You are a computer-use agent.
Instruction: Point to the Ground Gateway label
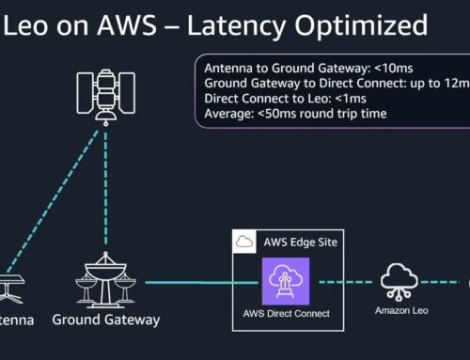(105, 320)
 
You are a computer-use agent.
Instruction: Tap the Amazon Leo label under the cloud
(399, 310)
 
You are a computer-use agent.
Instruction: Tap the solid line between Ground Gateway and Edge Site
(188, 280)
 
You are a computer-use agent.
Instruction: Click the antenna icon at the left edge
(11, 283)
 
